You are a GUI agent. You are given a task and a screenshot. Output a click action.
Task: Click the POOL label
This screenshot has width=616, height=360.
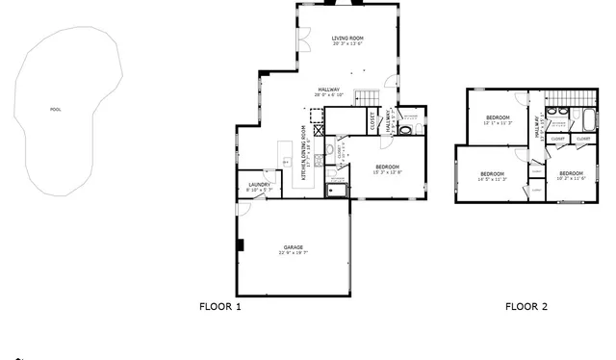click(55, 110)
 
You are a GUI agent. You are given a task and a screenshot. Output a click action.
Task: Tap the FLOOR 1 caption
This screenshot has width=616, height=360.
click(219, 307)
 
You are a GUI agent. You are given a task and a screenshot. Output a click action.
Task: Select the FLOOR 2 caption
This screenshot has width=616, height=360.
click(526, 307)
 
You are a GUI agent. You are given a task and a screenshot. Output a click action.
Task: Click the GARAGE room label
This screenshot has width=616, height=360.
click(293, 246)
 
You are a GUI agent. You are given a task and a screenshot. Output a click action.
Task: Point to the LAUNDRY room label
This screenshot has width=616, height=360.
click(258, 184)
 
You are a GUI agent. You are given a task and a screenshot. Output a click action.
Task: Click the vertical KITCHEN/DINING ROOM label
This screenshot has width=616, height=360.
click(304, 154)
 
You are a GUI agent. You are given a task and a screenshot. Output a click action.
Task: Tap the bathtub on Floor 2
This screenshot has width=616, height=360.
click(585, 121)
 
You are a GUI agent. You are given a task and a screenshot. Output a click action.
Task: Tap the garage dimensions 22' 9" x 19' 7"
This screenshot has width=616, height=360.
click(293, 253)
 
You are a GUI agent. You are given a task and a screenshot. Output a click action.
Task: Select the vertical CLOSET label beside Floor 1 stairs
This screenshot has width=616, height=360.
click(373, 122)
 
